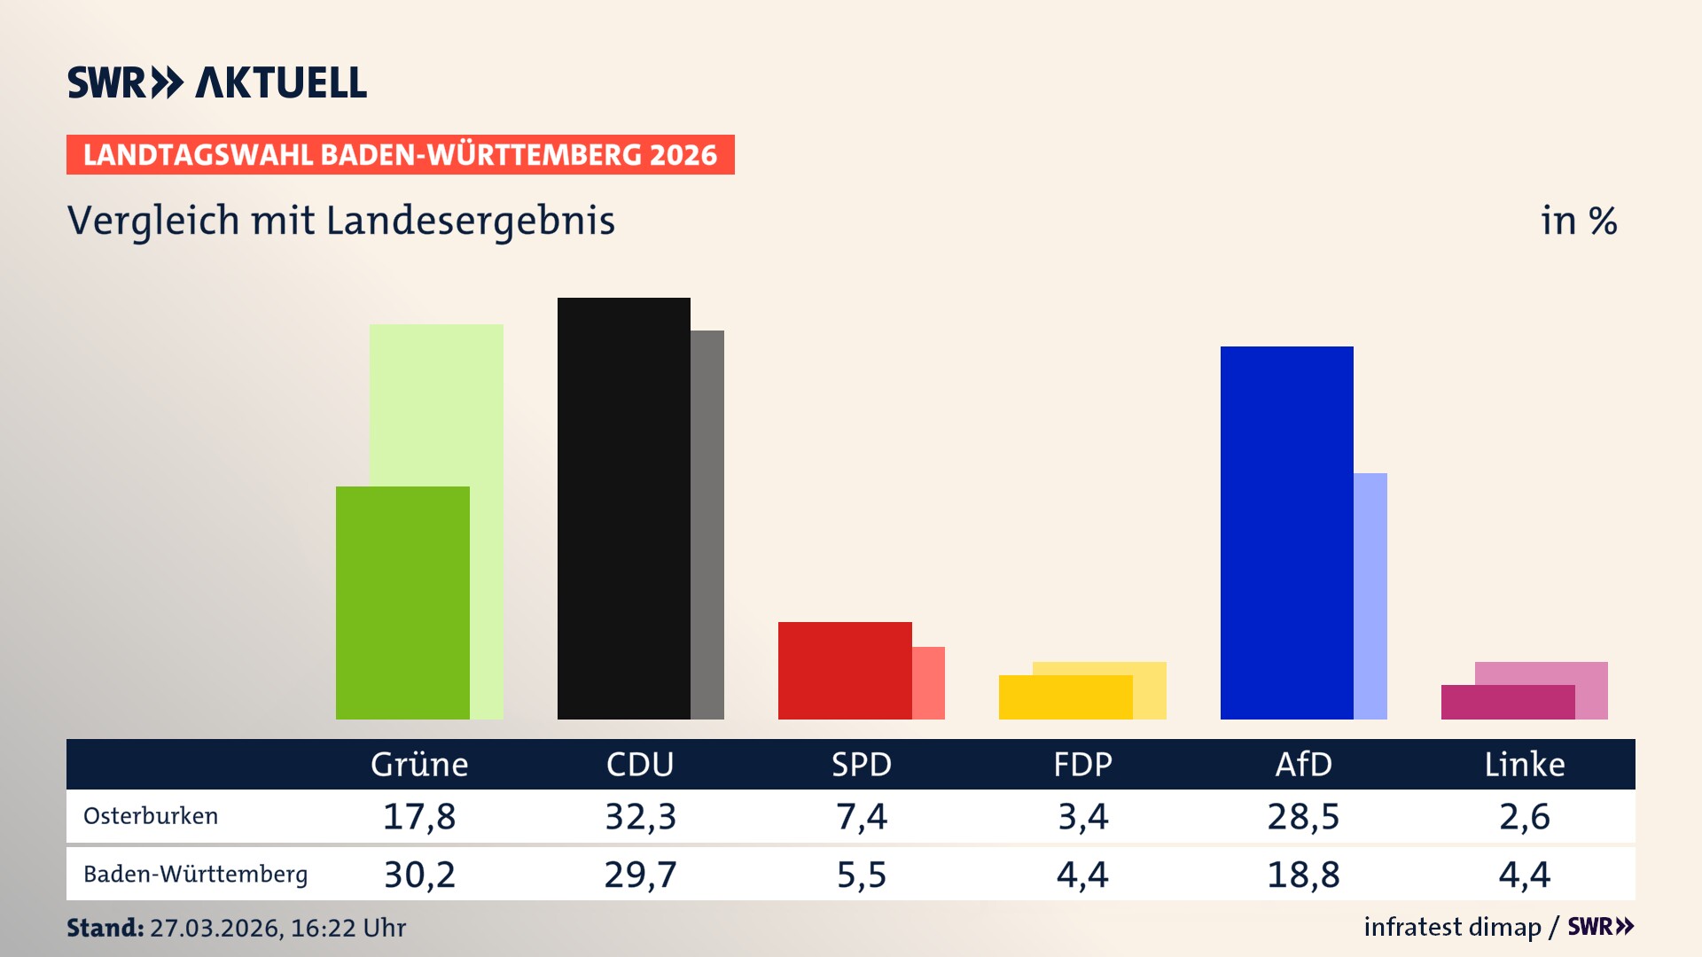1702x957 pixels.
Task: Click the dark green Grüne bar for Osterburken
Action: click(402, 603)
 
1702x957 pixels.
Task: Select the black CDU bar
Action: click(623, 509)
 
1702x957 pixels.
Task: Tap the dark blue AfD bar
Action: click(1286, 533)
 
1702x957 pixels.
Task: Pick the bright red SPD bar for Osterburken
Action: click(844, 670)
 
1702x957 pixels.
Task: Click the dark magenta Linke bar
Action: click(1507, 702)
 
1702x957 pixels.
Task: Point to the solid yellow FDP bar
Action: click(1065, 697)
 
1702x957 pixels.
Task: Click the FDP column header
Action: click(1082, 765)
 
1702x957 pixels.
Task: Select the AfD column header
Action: click(1303, 765)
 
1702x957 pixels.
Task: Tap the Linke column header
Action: click(1525, 765)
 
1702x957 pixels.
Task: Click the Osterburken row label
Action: click(151, 816)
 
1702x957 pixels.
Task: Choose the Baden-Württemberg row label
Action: click(195, 875)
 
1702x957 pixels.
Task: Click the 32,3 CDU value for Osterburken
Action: click(640, 816)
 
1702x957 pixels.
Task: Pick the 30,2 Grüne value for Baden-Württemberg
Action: click(419, 875)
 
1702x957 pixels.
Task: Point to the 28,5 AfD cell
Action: click(1303, 816)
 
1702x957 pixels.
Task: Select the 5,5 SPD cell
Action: click(861, 875)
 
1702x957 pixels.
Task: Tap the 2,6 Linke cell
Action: click(1525, 816)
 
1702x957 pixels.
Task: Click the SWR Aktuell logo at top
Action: click(217, 82)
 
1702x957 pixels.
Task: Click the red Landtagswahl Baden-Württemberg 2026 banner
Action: click(400, 155)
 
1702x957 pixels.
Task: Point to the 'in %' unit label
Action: click(1579, 221)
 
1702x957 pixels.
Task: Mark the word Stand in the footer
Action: click(105, 928)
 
